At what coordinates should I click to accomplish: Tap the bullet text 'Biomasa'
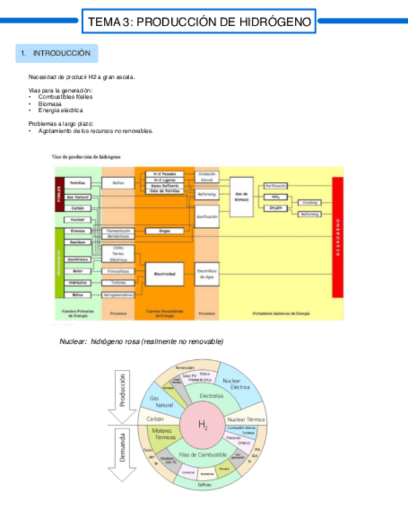pos(50,104)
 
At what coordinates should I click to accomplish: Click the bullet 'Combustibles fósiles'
pos(63,98)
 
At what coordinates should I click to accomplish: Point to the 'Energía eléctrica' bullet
pos(60,110)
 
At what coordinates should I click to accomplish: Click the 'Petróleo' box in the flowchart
pos(78,183)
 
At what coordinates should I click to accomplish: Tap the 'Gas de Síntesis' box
pos(242,196)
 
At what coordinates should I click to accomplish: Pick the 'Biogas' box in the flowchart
pos(165,231)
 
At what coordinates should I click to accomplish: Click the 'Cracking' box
pos(309,202)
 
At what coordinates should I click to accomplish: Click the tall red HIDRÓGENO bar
pos(338,237)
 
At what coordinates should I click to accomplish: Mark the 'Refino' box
pos(118,183)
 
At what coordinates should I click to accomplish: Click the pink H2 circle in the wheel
pos(203,426)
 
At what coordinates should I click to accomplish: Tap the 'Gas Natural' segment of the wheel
pos(161,401)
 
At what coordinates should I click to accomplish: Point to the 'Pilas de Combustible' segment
pos(203,455)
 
